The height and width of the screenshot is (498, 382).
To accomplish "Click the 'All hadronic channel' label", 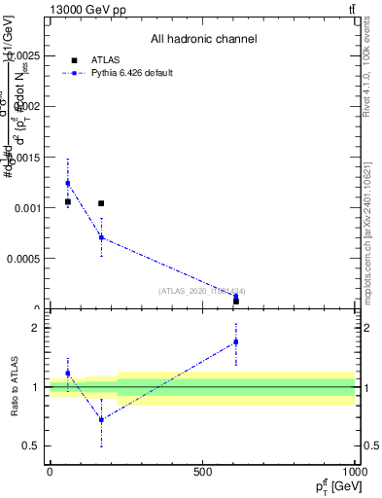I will (x=203, y=40).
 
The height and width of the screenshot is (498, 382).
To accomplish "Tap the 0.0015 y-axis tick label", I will (x=22, y=157).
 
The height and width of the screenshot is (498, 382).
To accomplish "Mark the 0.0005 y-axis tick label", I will (x=22, y=259).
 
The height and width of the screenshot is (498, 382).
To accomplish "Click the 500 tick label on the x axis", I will (x=202, y=472).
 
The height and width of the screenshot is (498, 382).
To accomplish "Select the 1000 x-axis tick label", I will (x=354, y=472).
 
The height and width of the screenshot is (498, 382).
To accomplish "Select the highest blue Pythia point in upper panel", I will (x=68, y=183).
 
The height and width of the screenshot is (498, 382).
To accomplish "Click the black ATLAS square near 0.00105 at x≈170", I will (x=101, y=203).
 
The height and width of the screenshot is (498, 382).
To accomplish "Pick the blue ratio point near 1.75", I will (x=235, y=341).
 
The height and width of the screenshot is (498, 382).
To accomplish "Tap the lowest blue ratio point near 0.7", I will (x=101, y=420).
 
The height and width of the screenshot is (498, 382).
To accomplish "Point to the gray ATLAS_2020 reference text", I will (x=202, y=291).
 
